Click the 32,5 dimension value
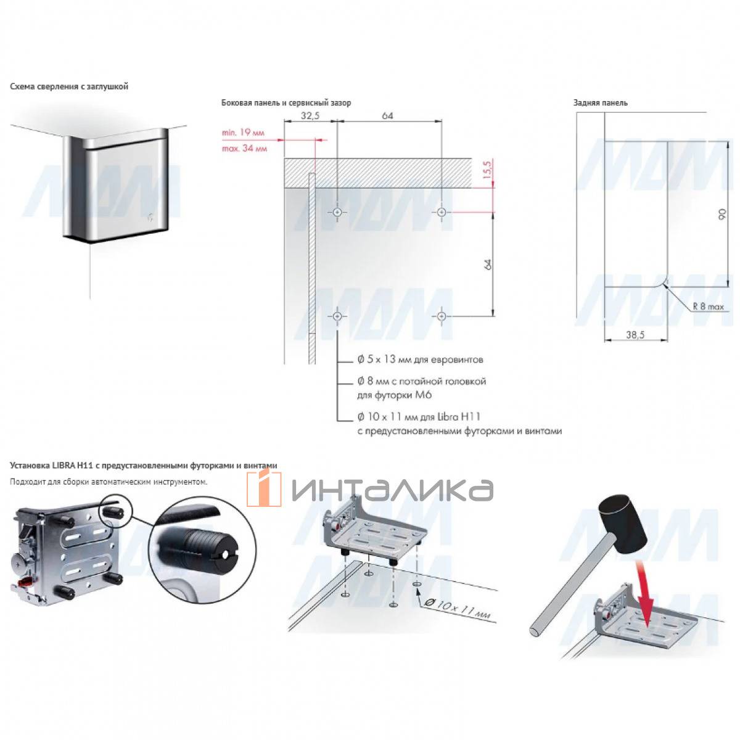click(x=310, y=115)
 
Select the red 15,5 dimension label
click(x=487, y=171)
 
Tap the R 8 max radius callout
click(x=708, y=306)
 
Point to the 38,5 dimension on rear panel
click(x=635, y=335)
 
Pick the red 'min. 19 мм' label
click(x=243, y=133)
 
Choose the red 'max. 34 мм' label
click(x=244, y=148)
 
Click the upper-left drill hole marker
click(x=337, y=212)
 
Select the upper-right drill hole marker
click(x=442, y=212)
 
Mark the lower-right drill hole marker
click(x=442, y=316)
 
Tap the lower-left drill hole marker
click(x=337, y=316)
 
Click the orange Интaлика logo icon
click(x=264, y=488)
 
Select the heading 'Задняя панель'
click(x=600, y=103)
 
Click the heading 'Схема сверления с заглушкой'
click(x=69, y=87)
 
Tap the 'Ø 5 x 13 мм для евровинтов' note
click(x=420, y=360)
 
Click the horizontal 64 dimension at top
click(x=387, y=115)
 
